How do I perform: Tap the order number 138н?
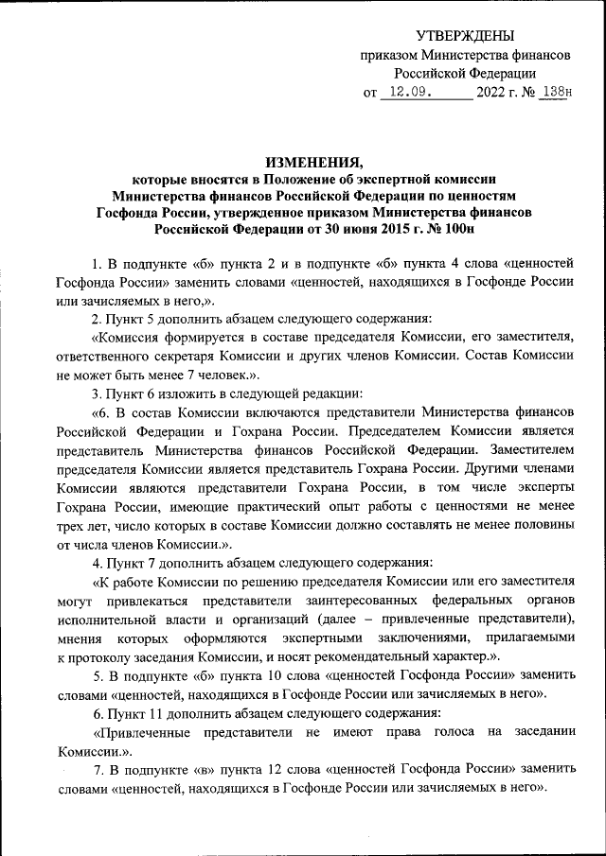pyautogui.click(x=554, y=93)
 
